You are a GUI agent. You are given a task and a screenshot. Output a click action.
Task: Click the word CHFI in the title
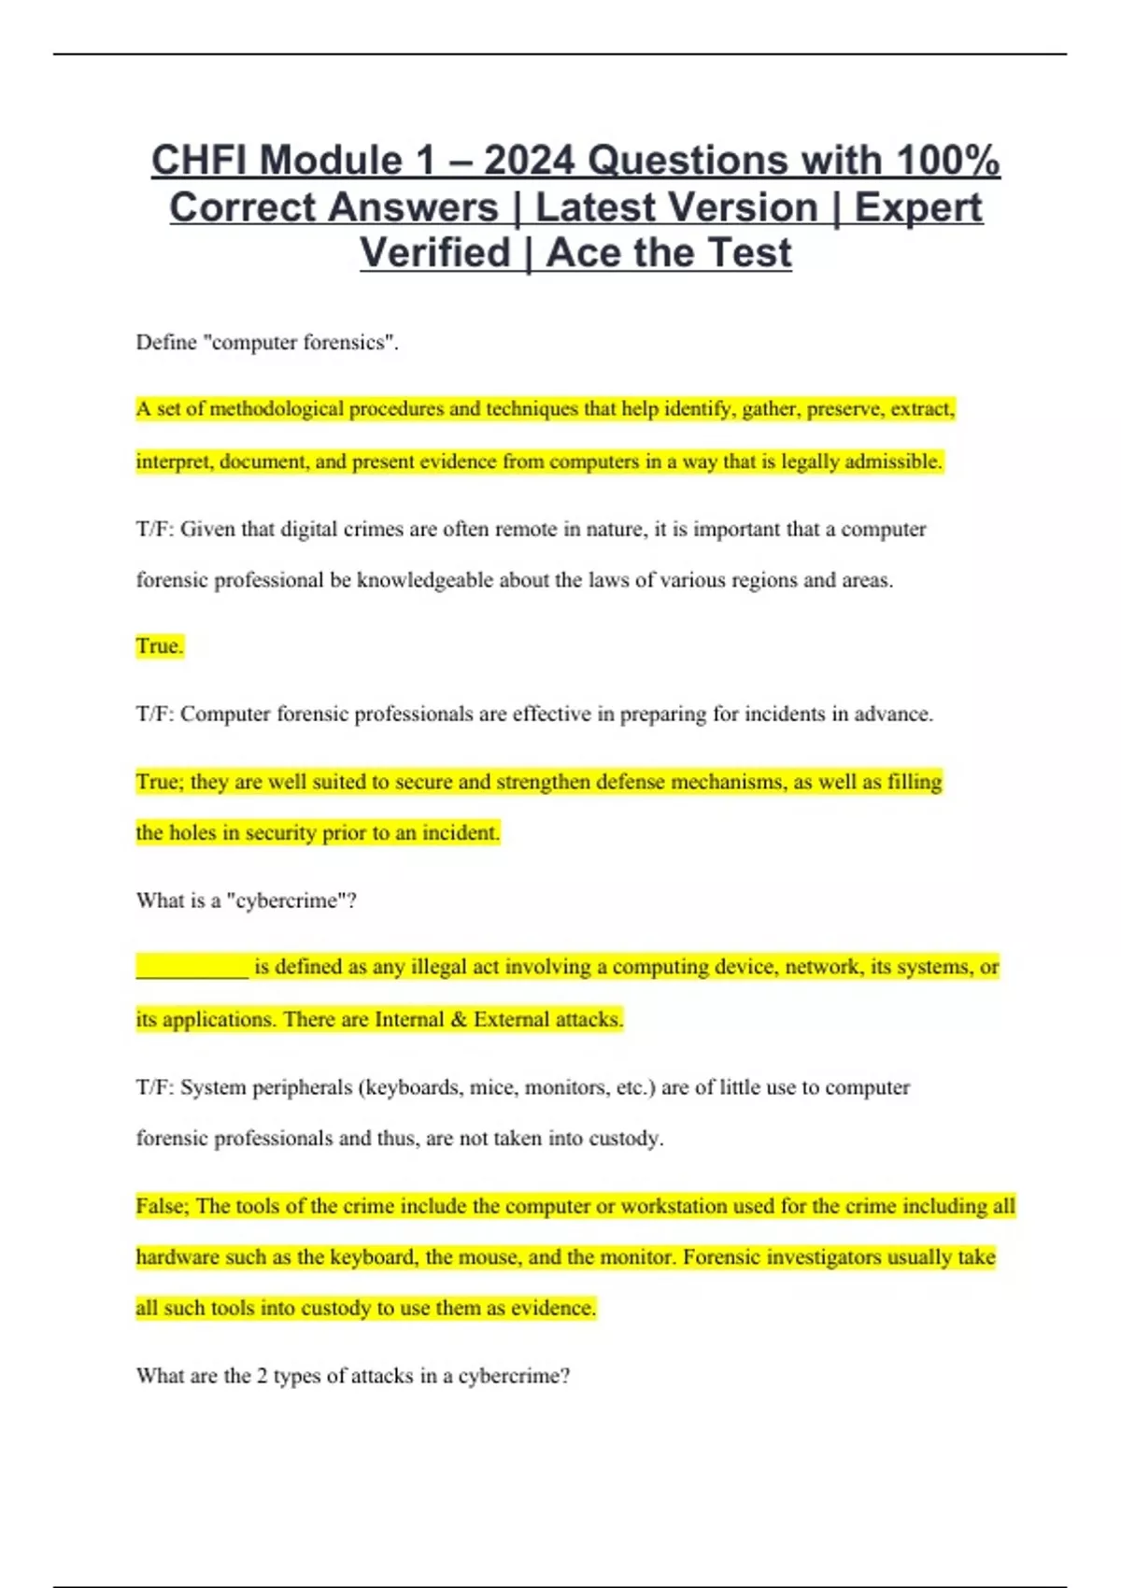(x=197, y=161)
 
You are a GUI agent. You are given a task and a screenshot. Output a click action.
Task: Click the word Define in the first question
(x=166, y=343)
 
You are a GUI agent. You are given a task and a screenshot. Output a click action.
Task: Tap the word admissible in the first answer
(x=893, y=461)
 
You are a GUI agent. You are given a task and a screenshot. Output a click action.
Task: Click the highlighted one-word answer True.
(x=160, y=646)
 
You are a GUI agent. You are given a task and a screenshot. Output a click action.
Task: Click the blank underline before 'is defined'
(x=192, y=968)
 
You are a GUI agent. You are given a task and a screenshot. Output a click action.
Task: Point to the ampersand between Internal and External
(x=458, y=1019)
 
